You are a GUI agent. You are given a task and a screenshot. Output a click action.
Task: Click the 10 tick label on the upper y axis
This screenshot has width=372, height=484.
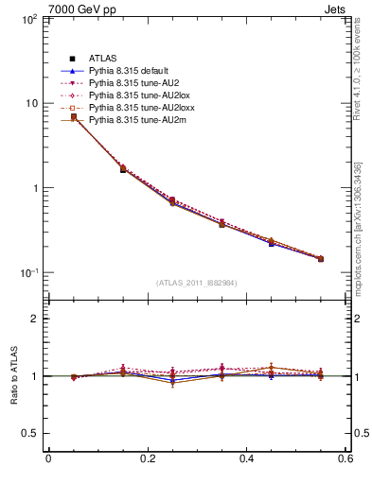pyautogui.click(x=30, y=103)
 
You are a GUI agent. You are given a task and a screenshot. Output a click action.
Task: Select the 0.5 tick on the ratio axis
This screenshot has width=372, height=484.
pyautogui.click(x=29, y=433)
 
